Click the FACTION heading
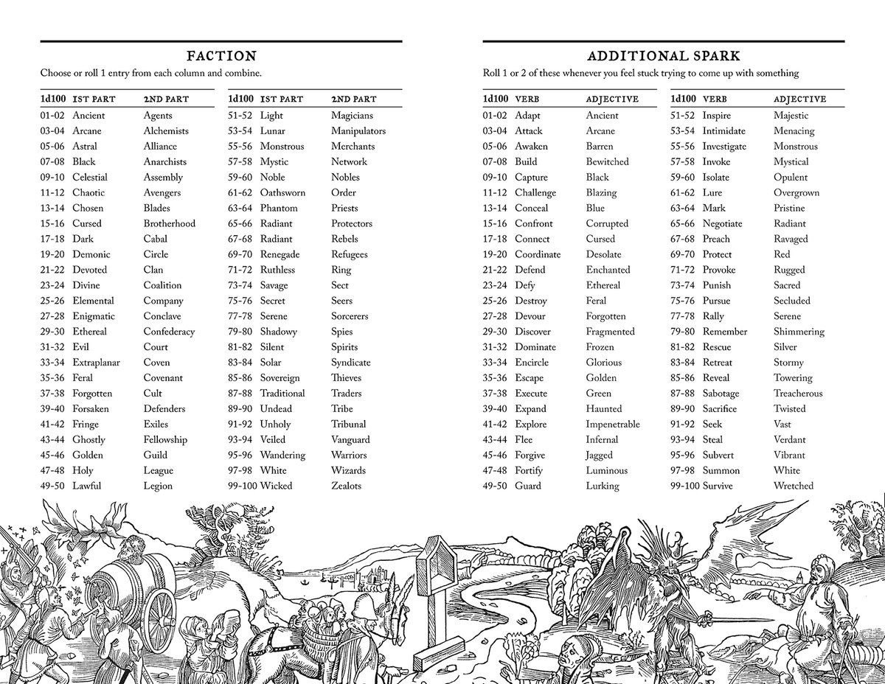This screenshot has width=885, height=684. pos(221,56)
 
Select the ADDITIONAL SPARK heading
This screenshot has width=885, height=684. pos(663,56)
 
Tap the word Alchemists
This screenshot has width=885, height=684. pos(166,131)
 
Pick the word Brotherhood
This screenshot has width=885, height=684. pos(170,223)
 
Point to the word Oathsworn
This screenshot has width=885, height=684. pos(282,192)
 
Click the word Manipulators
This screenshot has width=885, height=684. pos(358,131)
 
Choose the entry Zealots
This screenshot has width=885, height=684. pos(347,486)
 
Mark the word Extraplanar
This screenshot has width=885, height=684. pos(96,363)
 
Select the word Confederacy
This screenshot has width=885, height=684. pos(170,332)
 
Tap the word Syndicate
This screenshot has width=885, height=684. pos(351,363)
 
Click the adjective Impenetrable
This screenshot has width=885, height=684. pos(613,425)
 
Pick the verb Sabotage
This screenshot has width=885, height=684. pos(721,394)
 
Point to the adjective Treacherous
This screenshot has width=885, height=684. pos(798,394)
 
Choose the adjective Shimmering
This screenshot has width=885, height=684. pos(799,332)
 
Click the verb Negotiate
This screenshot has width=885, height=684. pos(723,223)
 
